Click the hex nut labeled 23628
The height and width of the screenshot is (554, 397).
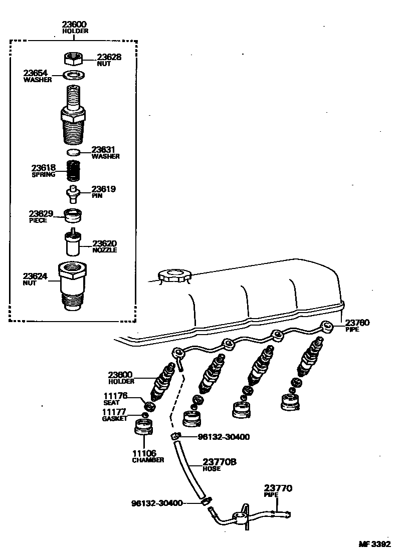pyautogui.click(x=73, y=59)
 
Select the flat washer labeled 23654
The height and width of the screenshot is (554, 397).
pyautogui.click(x=74, y=76)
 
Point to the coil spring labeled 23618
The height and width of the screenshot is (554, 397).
pyautogui.click(x=74, y=172)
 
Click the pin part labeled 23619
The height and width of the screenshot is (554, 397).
pyautogui.click(x=74, y=193)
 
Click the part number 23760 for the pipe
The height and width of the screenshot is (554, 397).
pyautogui.click(x=357, y=323)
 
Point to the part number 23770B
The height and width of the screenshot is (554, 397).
pyautogui.click(x=219, y=462)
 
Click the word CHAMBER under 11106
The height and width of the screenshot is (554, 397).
pyautogui.click(x=148, y=460)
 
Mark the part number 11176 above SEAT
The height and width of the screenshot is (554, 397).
pyautogui.click(x=116, y=396)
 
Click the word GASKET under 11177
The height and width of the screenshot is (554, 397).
pyautogui.click(x=115, y=418)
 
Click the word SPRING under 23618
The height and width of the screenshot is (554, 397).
pyautogui.click(x=43, y=175)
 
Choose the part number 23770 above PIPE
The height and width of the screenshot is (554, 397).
pyautogui.click(x=278, y=488)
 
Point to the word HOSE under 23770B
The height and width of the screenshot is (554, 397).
pyautogui.click(x=212, y=469)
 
